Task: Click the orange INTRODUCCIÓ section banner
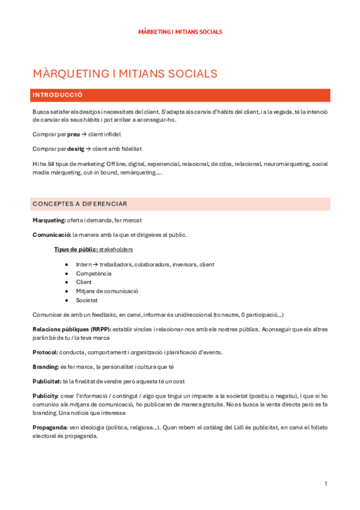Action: [180, 95]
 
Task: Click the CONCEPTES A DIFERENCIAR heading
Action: [80, 204]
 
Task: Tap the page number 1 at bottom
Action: [325, 484]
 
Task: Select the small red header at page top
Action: [180, 31]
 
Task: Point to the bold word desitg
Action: [76, 149]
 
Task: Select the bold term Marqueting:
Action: [51, 221]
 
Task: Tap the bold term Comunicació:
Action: [52, 235]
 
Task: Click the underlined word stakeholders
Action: [115, 249]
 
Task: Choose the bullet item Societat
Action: [87, 300]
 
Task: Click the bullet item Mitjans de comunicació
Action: [107, 290]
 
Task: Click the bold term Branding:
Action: [46, 366]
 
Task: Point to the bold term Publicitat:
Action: [47, 381]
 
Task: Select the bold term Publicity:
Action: [46, 396]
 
